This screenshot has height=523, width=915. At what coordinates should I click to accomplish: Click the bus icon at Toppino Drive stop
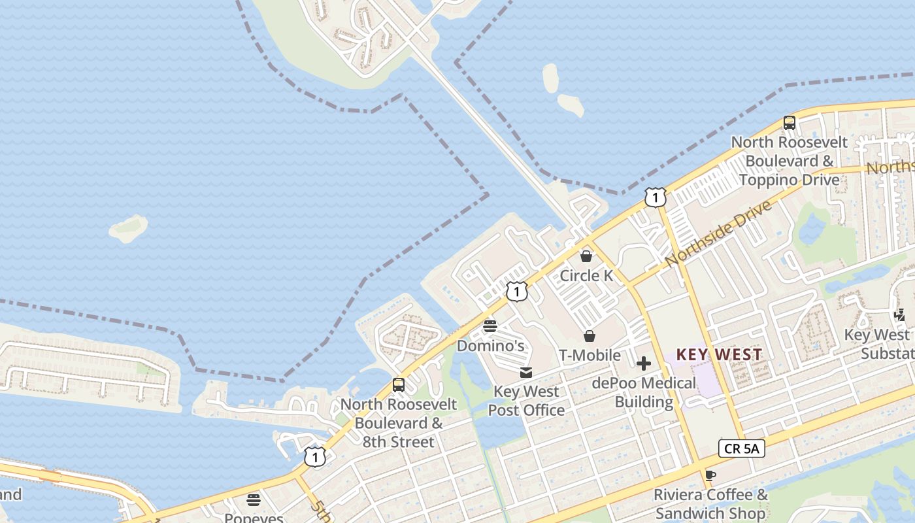point(789,122)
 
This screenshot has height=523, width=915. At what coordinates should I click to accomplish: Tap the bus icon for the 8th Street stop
point(399,385)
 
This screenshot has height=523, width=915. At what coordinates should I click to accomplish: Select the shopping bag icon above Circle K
point(586,256)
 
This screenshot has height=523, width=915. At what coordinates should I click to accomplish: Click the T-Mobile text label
point(590,355)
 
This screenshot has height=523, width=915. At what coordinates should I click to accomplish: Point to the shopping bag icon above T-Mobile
point(590,336)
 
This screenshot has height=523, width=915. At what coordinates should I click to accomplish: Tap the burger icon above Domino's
point(490,326)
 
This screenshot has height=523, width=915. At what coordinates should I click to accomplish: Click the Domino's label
point(490,345)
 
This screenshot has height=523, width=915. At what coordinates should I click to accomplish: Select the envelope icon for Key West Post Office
point(526,373)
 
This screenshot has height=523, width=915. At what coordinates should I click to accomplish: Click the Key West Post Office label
point(526,401)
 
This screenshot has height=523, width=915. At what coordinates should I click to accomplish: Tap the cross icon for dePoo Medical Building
point(644,363)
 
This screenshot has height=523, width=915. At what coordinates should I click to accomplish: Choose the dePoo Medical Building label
point(644,392)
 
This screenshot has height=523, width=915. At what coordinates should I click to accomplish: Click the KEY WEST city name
point(719,355)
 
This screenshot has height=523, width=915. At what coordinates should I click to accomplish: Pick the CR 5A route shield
point(741,448)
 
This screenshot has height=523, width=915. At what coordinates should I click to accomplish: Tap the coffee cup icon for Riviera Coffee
point(710,475)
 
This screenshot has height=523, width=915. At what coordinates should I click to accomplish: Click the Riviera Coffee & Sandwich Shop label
point(710,503)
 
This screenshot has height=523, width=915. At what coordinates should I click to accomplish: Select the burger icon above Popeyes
point(254,500)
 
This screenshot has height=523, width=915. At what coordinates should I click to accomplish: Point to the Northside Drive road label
point(719,233)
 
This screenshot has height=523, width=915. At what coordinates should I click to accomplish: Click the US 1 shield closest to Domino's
point(516,292)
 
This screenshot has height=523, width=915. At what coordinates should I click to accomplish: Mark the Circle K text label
point(586,276)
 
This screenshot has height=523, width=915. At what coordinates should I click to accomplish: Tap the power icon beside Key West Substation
point(900,315)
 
